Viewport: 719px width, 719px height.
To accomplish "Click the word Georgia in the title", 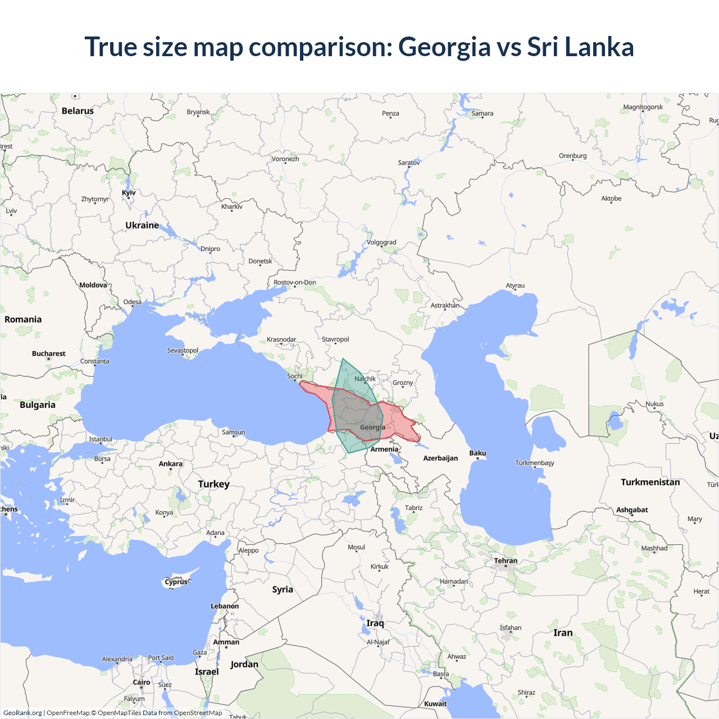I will click(444, 47).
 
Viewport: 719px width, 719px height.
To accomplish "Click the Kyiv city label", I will click(129, 193).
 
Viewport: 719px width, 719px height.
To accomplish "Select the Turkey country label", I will click(213, 484).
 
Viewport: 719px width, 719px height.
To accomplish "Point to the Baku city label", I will click(477, 453).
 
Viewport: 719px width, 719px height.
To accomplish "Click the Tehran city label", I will click(506, 561).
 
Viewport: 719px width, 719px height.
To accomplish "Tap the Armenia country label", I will click(384, 449).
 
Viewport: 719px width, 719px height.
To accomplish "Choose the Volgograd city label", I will click(381, 243).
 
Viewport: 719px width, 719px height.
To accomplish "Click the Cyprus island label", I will click(176, 582).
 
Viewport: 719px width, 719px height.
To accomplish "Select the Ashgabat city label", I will click(632, 510).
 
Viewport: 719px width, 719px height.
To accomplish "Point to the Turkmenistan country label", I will click(650, 483).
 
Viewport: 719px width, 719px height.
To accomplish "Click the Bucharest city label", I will click(49, 354).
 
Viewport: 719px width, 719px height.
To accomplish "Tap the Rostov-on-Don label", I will click(295, 283).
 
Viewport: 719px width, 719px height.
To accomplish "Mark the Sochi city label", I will click(295, 376).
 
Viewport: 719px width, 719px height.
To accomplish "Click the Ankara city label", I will click(171, 464).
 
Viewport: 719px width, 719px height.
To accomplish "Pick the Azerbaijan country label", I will click(440, 458).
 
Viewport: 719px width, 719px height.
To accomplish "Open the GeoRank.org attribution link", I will click(22, 713).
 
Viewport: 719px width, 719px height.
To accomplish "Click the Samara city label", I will click(482, 113).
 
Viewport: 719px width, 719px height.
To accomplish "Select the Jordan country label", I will click(244, 665).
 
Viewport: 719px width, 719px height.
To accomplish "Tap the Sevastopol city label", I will click(183, 351).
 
